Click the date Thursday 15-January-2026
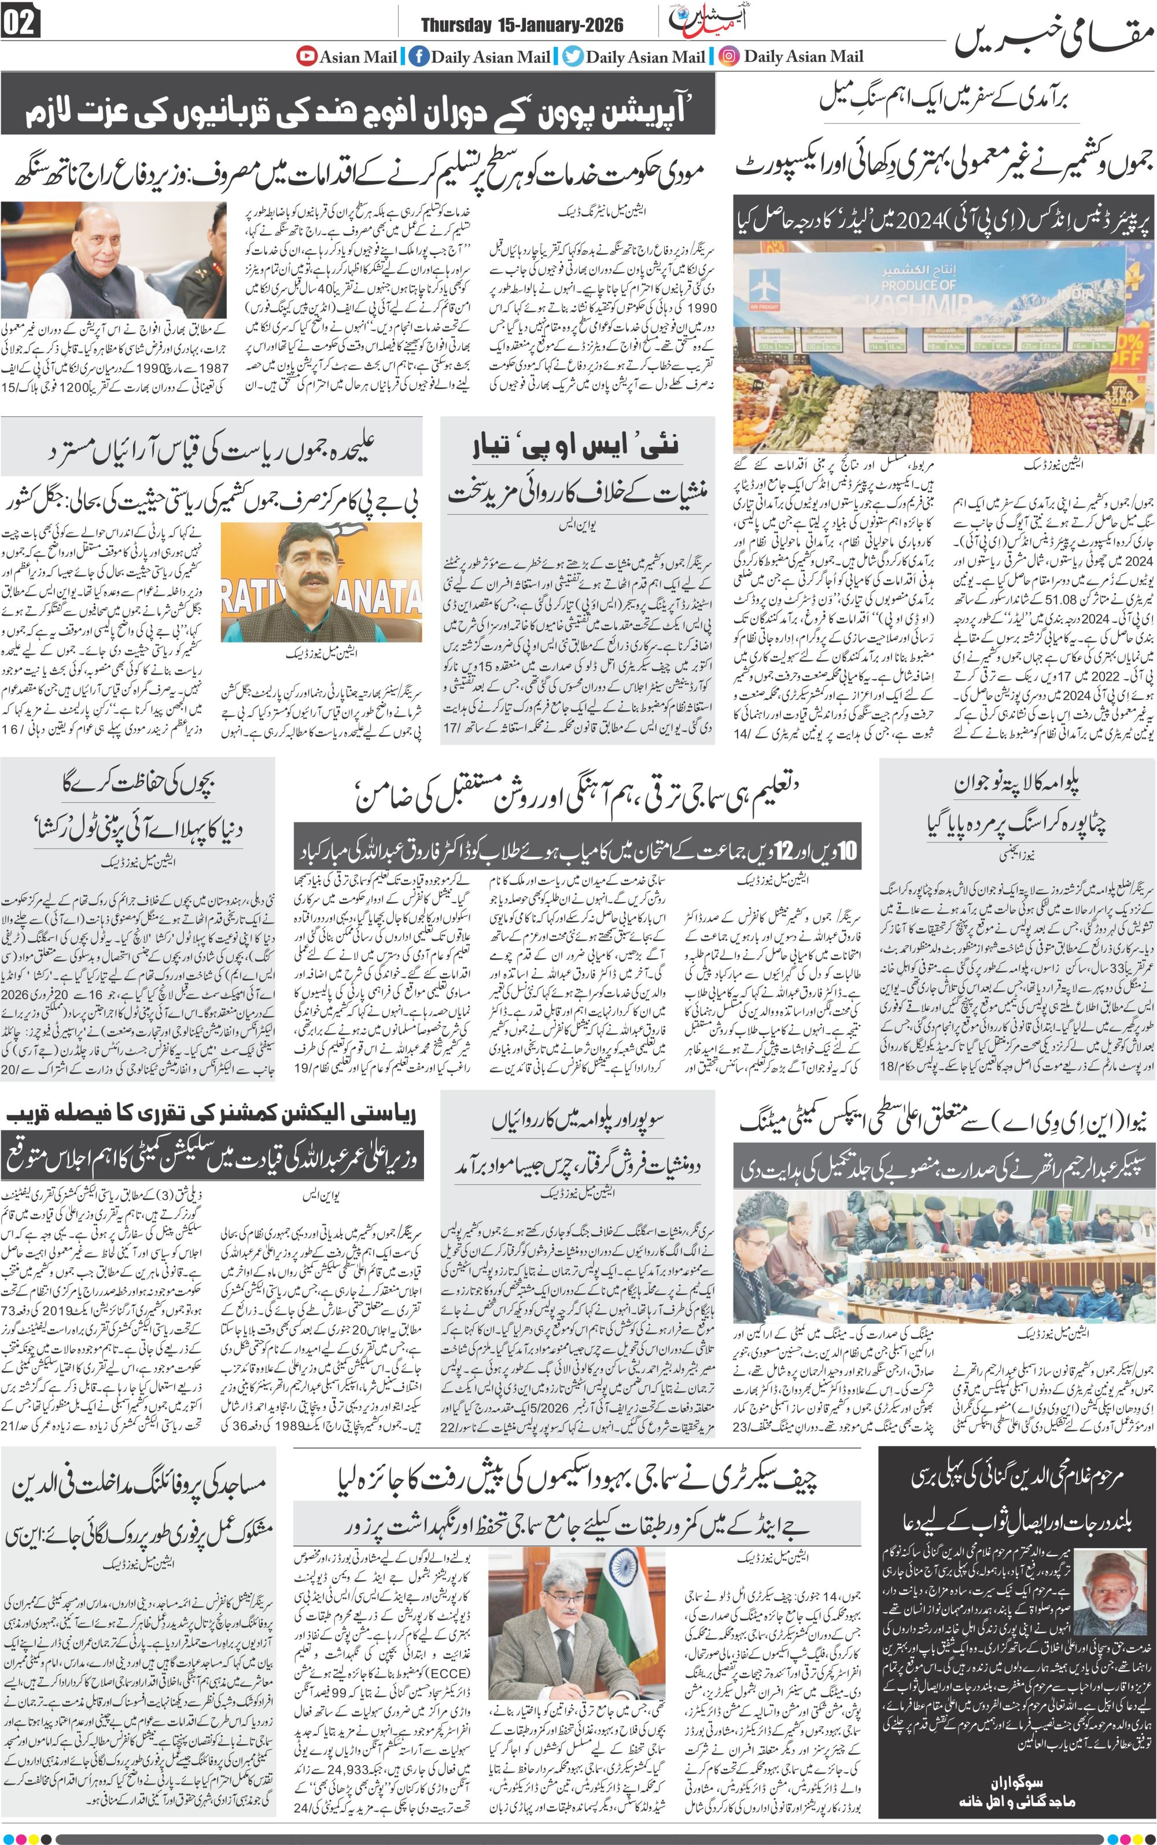[x=522, y=25]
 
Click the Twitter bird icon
[x=573, y=56]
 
